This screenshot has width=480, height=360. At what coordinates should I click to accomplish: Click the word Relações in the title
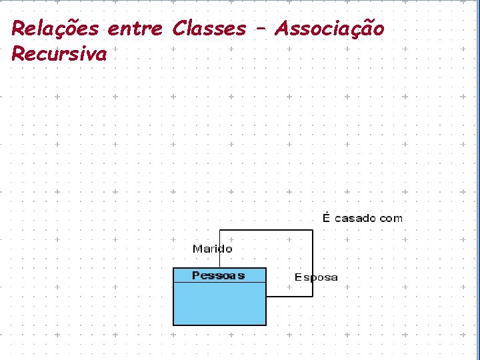[x=55, y=29]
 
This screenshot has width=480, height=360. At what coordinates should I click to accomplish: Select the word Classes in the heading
[x=209, y=29]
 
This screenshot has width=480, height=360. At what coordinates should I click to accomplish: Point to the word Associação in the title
[x=330, y=29]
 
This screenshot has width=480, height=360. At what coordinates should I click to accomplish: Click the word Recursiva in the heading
[x=59, y=54]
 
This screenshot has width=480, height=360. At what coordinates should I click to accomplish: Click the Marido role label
[x=213, y=249]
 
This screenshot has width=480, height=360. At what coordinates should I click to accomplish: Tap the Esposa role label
[x=316, y=277]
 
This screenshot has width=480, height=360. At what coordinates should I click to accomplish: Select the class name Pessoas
[x=218, y=275]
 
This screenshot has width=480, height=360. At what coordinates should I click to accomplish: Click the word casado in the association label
[x=355, y=218]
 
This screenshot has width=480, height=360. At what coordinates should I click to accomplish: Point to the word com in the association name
[x=391, y=218]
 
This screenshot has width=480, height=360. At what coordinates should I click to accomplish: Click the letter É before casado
[x=327, y=217]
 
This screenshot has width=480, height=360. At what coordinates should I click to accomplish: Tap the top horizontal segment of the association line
[x=266, y=231]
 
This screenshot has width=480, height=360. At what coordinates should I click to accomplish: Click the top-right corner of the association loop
[x=312, y=231]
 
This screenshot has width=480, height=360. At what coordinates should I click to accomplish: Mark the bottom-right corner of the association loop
[x=312, y=296]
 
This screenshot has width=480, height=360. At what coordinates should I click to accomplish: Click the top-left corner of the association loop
[x=220, y=231]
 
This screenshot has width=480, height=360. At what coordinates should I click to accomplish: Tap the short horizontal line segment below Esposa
[x=289, y=296]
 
